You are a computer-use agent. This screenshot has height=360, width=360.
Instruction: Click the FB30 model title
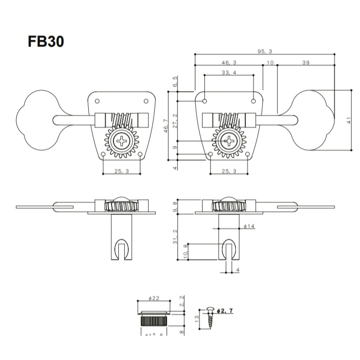click(x=46, y=41)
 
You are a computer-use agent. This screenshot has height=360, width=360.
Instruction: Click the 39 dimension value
click(x=305, y=63)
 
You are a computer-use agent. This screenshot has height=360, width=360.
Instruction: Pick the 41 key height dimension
click(x=348, y=121)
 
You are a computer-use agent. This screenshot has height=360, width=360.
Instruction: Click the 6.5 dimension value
click(x=175, y=82)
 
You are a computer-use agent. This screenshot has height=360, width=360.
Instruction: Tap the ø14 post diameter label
click(x=249, y=226)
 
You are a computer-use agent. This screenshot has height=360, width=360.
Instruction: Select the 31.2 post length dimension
click(x=175, y=237)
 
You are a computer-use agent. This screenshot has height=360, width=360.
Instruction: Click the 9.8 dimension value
click(x=175, y=207)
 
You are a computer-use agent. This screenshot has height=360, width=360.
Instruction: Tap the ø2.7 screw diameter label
click(x=225, y=311)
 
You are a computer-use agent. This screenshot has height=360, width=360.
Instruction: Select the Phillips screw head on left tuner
click(x=122, y=141)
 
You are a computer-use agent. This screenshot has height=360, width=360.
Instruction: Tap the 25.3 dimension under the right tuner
click(x=229, y=171)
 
